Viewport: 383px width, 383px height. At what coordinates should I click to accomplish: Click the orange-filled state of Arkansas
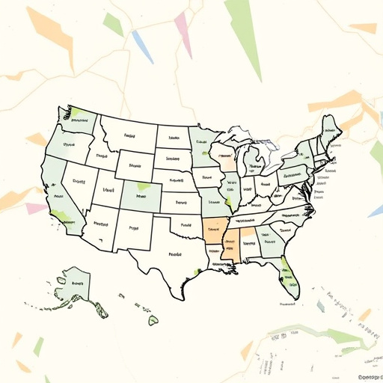(x=213, y=230)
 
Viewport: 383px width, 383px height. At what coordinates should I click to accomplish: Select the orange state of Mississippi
(x=230, y=249)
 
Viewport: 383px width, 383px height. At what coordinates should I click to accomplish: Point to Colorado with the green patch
(x=139, y=197)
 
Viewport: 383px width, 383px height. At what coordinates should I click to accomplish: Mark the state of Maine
(x=328, y=129)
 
